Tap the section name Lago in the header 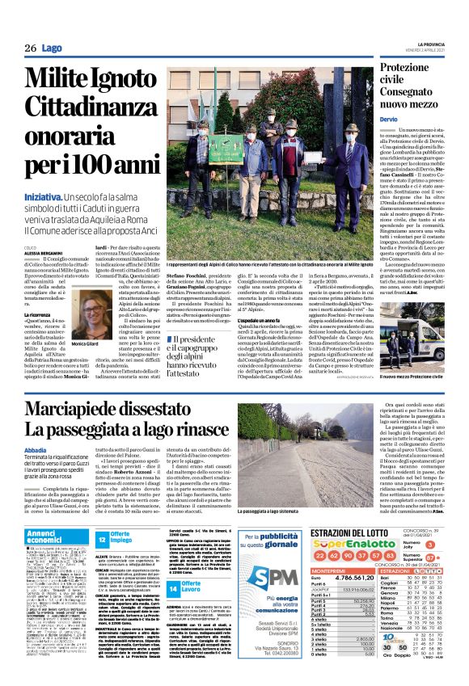52,48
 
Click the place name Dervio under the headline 391,119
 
